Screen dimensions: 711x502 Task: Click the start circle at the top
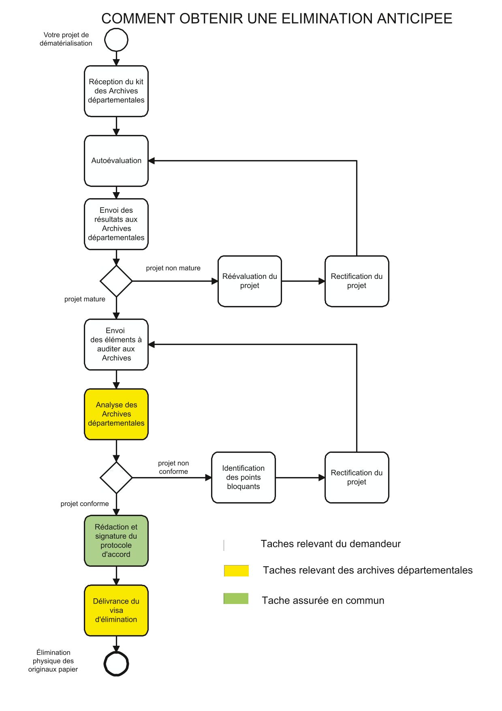pyautogui.click(x=116, y=40)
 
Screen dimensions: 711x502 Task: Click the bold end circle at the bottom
pyautogui.click(x=116, y=664)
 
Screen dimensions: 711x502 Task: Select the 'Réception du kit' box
pyautogui.click(x=116, y=91)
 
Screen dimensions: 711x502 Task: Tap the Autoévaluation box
pyautogui.click(x=116, y=161)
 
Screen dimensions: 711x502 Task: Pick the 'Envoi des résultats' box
pyautogui.click(x=116, y=224)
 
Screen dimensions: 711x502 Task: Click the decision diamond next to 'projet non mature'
pyautogui.click(x=116, y=281)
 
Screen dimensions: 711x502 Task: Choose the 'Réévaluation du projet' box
pyautogui.click(x=250, y=281)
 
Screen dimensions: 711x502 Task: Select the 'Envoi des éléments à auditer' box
pyautogui.click(x=116, y=345)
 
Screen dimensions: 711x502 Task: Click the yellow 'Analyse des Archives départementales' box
pyautogui.click(x=116, y=414)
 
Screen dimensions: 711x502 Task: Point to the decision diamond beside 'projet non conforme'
pyautogui.click(x=116, y=478)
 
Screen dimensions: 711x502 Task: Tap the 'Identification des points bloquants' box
pyautogui.click(x=244, y=478)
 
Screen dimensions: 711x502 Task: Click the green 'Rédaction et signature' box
pyautogui.click(x=116, y=541)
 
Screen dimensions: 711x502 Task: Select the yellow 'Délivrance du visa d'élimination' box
pyautogui.click(x=116, y=610)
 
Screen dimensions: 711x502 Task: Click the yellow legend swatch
pyautogui.click(x=236, y=571)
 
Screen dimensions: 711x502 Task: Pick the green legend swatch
pyautogui.click(x=236, y=599)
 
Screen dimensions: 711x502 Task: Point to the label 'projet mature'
pyautogui.click(x=85, y=299)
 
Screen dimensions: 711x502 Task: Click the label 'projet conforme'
pyautogui.click(x=85, y=504)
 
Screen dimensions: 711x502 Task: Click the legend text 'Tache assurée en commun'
pyautogui.click(x=323, y=600)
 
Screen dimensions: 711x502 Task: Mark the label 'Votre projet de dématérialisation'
pyautogui.click(x=66, y=39)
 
